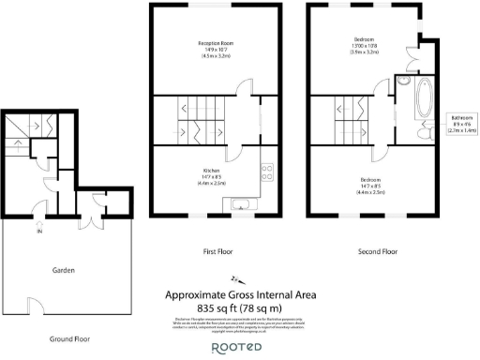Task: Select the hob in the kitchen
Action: click(265, 171)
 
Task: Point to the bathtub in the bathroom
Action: click(417, 97)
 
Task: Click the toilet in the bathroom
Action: click(423, 135)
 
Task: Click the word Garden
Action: click(63, 271)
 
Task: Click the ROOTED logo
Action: click(240, 347)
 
